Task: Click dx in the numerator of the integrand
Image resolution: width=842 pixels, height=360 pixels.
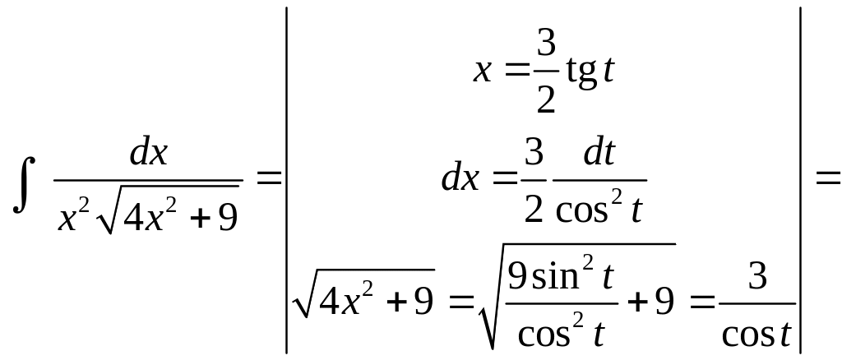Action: coord(148,153)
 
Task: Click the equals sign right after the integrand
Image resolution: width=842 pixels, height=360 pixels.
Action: coord(269,178)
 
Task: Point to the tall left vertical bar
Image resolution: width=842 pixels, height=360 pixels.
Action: coord(286,180)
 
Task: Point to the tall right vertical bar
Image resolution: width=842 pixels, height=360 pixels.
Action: coord(801,180)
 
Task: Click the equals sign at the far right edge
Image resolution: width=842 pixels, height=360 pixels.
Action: coord(827,178)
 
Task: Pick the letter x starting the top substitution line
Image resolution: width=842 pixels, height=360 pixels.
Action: coord(483,72)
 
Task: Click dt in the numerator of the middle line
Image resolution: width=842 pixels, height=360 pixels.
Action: coord(598,154)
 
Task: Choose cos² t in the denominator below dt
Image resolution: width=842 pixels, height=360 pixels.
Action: coord(599,210)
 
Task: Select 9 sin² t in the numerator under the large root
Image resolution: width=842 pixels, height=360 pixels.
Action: coord(561,277)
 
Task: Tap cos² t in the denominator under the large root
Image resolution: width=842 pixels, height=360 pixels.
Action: coord(562,331)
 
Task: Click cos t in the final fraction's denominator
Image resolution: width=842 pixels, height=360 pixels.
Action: coord(757,332)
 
